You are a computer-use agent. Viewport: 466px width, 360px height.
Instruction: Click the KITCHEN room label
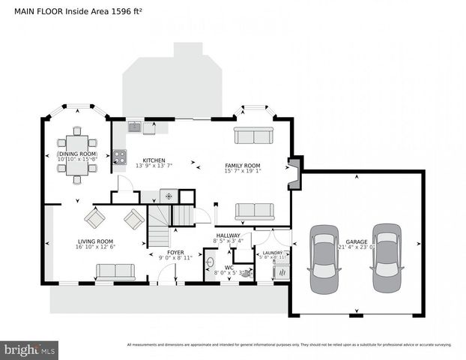154,160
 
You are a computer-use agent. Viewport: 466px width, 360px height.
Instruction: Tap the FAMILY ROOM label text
242,165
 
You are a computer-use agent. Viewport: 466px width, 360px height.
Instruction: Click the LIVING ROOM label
95,241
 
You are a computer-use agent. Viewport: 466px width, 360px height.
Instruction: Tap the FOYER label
175,253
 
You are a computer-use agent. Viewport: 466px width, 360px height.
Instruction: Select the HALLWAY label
229,236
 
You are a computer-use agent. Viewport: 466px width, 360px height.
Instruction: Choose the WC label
229,268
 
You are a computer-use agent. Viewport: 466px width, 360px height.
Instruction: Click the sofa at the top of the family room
253,135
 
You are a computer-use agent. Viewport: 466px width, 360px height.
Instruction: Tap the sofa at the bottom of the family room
255,211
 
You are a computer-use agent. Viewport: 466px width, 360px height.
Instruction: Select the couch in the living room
115,271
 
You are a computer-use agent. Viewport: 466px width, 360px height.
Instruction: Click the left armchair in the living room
95,218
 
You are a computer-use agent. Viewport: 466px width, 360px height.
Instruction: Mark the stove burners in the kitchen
119,157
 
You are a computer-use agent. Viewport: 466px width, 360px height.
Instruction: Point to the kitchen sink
134,126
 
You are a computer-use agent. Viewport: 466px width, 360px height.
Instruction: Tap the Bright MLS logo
30,349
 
